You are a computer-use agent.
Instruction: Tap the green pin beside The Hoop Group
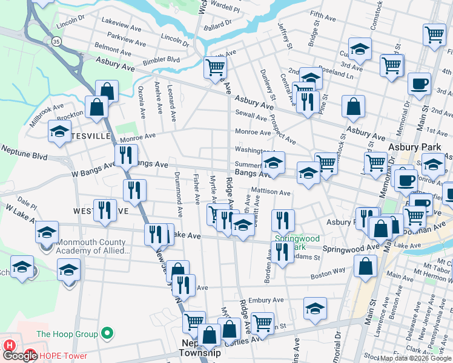point(107,333)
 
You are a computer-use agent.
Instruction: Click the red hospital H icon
point(9,345)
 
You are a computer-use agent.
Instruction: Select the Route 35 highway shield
point(56,41)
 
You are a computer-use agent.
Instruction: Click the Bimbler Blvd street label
point(161,60)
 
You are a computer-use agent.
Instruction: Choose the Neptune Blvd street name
point(24,152)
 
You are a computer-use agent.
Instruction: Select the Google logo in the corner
point(21,356)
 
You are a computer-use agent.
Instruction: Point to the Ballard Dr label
point(218,24)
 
